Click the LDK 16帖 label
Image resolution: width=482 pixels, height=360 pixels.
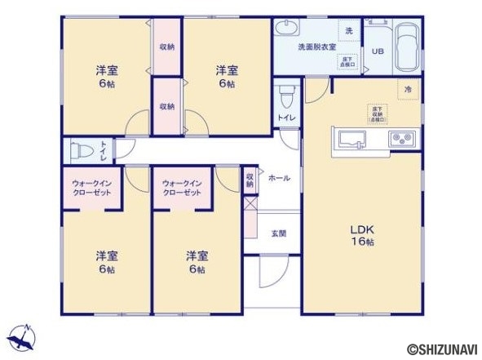363,235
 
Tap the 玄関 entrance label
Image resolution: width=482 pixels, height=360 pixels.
279,233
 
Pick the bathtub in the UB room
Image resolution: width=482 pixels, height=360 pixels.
407,47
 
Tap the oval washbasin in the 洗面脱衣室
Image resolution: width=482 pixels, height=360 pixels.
287,30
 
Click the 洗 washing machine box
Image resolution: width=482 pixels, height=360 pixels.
349,30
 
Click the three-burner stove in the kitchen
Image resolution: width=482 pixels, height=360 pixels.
403,138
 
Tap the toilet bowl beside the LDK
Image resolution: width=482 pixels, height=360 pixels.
285,100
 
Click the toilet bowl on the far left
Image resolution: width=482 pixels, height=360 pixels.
80,151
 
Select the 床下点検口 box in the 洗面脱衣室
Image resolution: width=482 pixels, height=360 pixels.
348,60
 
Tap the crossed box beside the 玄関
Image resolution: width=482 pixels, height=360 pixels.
250,205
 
